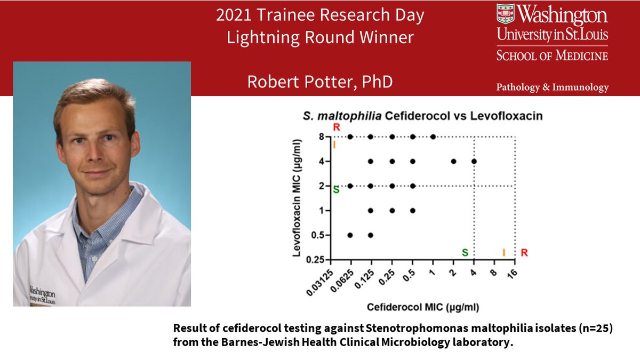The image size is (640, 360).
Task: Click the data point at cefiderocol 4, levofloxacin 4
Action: pyautogui.click(x=474, y=161)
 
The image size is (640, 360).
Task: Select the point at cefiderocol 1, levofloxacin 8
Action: pyautogui.click(x=433, y=137)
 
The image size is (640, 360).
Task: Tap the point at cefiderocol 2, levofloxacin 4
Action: pyautogui.click(x=453, y=161)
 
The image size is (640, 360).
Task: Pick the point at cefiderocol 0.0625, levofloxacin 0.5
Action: pyautogui.click(x=350, y=235)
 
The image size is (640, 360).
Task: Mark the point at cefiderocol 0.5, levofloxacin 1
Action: pyautogui.click(x=412, y=210)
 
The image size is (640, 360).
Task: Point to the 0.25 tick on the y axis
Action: pyautogui.click(x=320, y=259)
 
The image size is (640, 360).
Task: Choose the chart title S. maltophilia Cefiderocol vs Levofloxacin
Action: pyautogui.click(x=422, y=115)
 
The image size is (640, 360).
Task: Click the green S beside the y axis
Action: pyautogui.click(x=336, y=189)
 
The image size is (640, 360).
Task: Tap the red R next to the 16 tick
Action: pyautogui.click(x=524, y=252)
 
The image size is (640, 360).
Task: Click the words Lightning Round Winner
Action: pyautogui.click(x=320, y=38)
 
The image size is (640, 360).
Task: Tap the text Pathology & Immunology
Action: pyautogui.click(x=552, y=87)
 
